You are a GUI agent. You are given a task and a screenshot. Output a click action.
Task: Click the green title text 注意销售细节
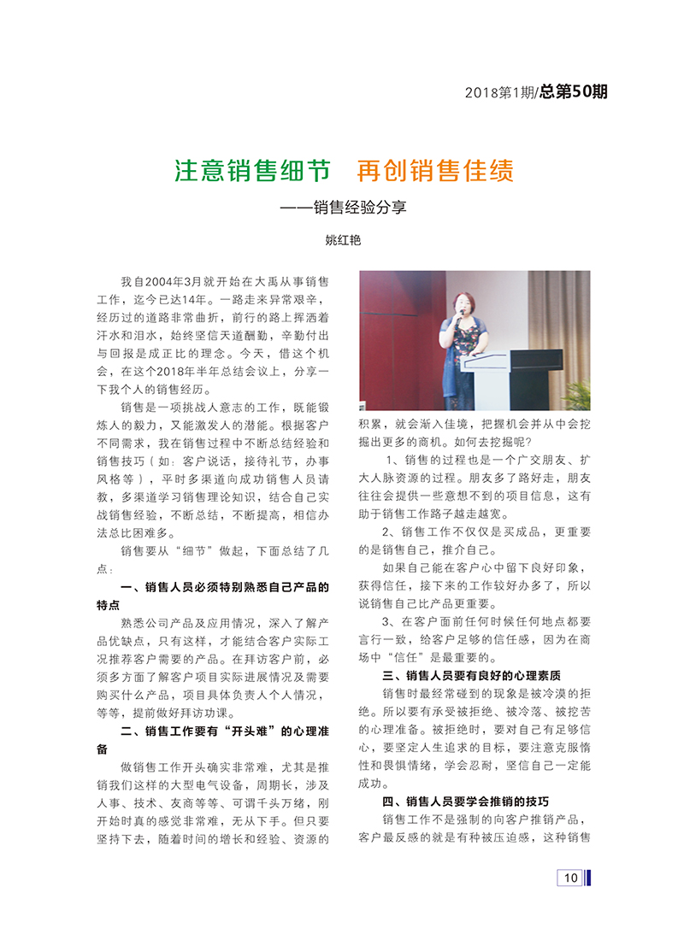(252, 171)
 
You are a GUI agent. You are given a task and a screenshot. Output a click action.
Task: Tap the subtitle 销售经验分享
(359, 206)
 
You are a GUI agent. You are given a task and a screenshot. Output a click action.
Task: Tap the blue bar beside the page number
(589, 877)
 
